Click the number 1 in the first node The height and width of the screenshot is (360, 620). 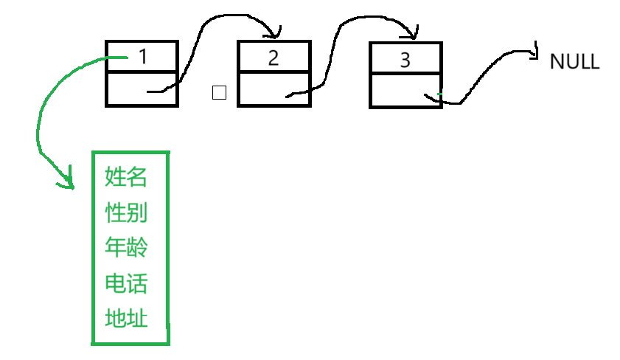coord(143,57)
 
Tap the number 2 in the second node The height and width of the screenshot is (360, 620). coord(274,58)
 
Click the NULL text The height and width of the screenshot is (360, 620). coord(575,62)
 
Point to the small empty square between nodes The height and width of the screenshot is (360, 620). coord(219,93)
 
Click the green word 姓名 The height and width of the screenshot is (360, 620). coord(126,178)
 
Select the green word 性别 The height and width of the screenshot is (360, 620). coord(126,213)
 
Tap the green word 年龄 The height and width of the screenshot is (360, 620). coord(126,248)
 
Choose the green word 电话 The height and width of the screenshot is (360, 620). coord(126,283)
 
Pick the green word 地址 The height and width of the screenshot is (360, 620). coord(126,319)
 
